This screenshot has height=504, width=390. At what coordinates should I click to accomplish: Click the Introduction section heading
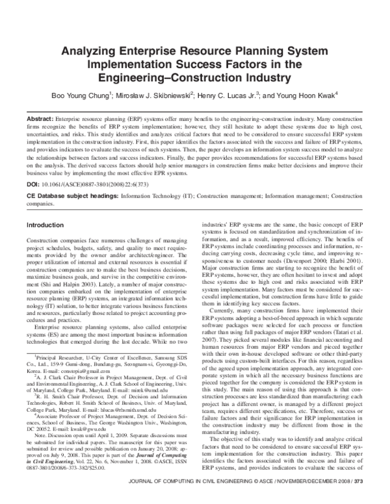click(x=45, y=225)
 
